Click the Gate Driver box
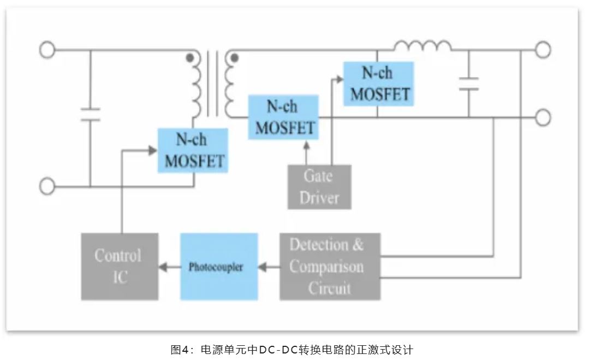click(x=319, y=187)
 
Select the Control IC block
click(x=120, y=266)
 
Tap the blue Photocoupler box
click(x=219, y=267)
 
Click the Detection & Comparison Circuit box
click(x=330, y=267)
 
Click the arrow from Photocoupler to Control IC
click(x=169, y=267)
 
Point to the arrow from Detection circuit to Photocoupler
click(x=269, y=267)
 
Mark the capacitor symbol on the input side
click(x=90, y=114)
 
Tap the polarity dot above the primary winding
click(x=189, y=57)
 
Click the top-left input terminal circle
click(x=47, y=50)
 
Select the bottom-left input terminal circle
click(x=47, y=187)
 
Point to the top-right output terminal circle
click(x=542, y=50)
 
